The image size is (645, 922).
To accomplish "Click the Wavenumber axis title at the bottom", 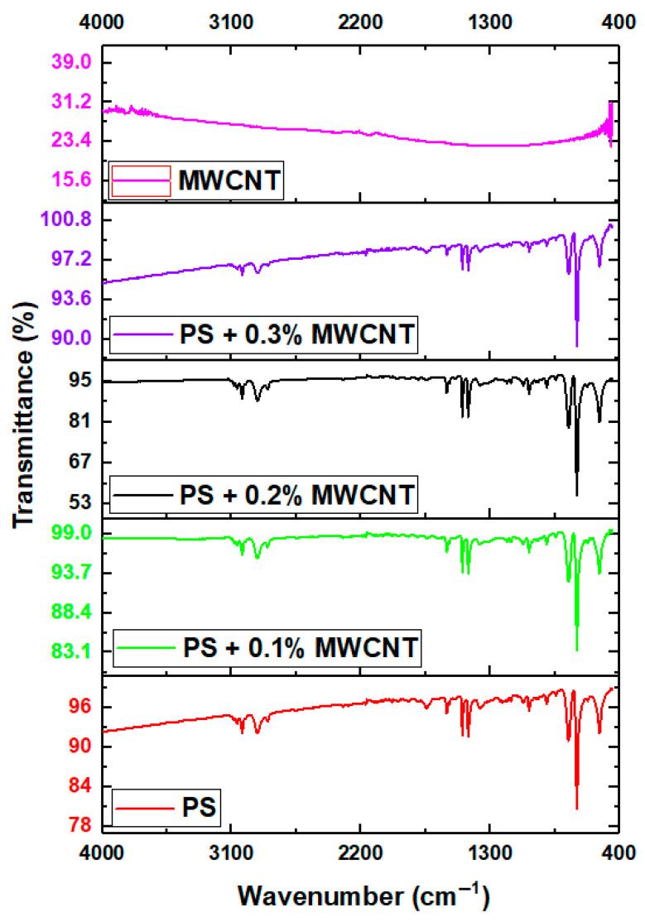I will coord(363,896).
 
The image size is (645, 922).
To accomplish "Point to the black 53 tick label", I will coord(78,502).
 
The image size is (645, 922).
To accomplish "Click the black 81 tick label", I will coord(78,422).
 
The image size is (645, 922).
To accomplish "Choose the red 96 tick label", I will coord(78,707).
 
